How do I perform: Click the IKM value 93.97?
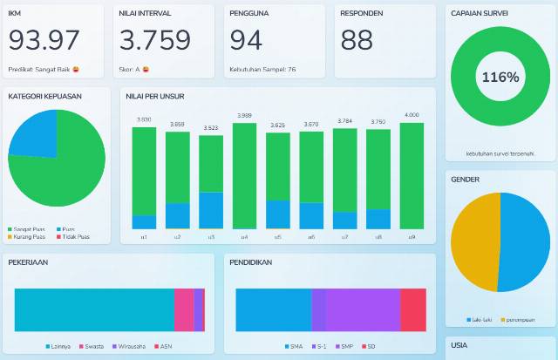coord(44,40)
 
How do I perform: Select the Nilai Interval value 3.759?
coord(155,40)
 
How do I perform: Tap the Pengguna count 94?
coord(246,40)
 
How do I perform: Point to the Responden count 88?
coord(357,40)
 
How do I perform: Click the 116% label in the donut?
coord(500,77)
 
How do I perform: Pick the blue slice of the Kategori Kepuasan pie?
coord(36,131)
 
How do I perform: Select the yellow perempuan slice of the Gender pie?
coord(476,241)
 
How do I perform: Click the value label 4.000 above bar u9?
coord(412,115)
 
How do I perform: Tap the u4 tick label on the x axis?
coord(244,236)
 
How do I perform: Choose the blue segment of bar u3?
coord(211,210)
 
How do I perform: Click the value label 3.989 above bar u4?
coord(244,115)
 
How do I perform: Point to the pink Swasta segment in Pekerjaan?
coord(183,309)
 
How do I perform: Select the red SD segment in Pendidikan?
coord(413,309)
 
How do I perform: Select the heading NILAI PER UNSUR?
coord(154,96)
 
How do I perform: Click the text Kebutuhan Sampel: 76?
coord(262,69)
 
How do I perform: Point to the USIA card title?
coord(459,346)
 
